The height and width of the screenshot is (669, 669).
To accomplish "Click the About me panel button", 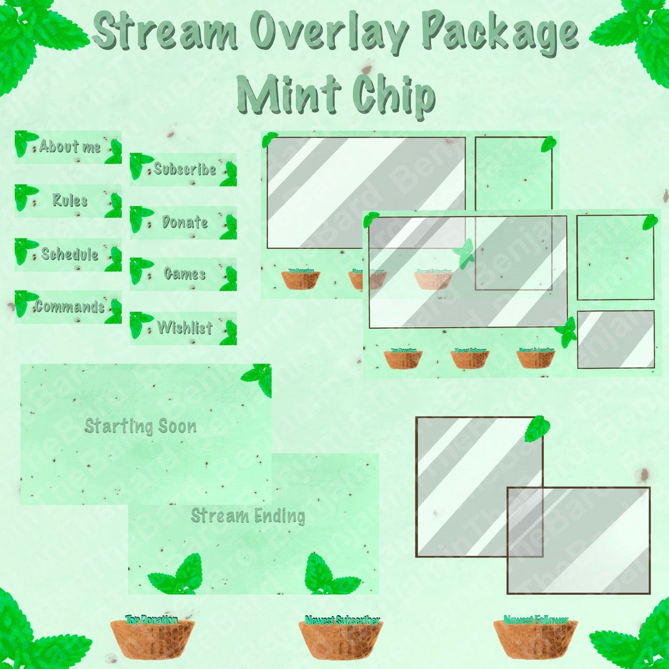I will tap(68, 147).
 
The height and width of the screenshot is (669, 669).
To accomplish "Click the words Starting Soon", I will tap(141, 426).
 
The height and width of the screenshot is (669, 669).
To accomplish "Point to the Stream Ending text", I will tap(248, 515).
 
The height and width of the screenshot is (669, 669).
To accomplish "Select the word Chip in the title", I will tap(393, 94).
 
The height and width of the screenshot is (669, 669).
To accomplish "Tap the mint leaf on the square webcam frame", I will tap(537, 429).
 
